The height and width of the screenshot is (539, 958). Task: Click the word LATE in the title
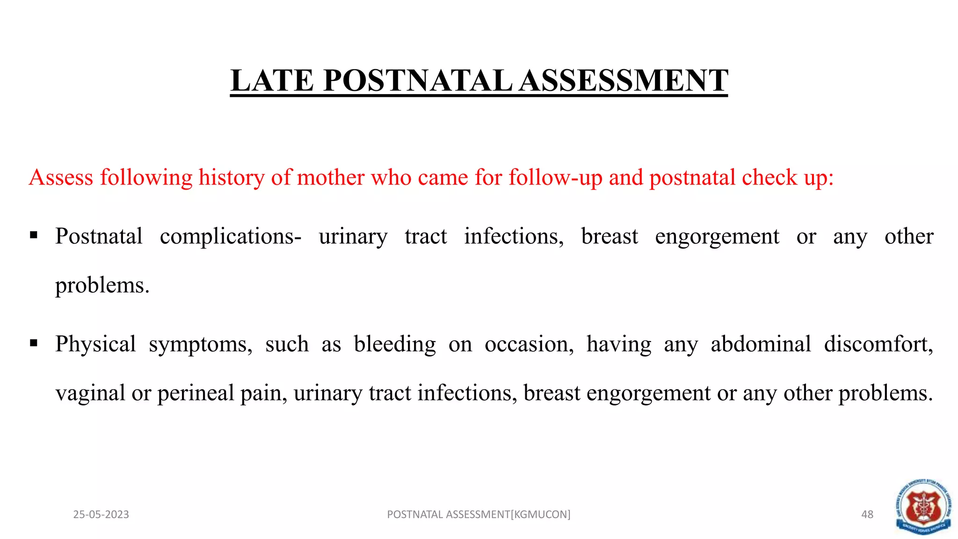point(272,80)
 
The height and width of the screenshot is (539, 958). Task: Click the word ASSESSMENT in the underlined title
point(624,80)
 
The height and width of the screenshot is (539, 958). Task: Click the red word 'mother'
point(330,178)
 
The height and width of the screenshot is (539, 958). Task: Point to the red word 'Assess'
point(61,178)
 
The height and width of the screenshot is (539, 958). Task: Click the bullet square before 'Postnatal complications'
point(34,235)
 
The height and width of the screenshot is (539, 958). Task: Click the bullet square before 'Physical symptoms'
point(34,343)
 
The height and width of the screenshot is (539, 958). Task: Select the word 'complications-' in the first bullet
point(231,237)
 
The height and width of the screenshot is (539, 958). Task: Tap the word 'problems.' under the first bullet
point(102,285)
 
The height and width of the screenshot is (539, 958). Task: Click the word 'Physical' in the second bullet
point(95,344)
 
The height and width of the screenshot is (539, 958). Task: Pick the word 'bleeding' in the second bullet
point(394,344)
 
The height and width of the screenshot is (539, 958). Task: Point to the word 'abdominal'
point(761,344)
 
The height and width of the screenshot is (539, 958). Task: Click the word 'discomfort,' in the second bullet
point(878,344)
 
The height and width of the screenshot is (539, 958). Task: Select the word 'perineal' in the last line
point(195,393)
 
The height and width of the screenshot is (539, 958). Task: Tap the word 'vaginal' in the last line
point(90,393)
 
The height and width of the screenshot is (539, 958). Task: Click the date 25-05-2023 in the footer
point(101,515)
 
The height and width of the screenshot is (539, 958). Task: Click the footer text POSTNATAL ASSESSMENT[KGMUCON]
point(479,515)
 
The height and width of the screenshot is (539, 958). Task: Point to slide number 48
point(867,515)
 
